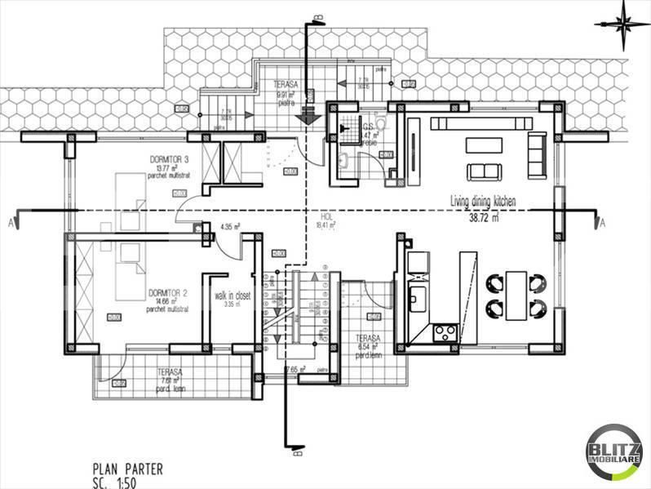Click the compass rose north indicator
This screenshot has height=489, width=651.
click(624, 21)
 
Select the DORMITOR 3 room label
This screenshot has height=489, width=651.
click(170, 159)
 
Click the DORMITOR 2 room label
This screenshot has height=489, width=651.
click(169, 292)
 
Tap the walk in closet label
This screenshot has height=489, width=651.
click(231, 295)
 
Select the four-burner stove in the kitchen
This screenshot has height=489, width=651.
click(445, 331)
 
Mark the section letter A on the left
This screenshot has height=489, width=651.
click(9, 222)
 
